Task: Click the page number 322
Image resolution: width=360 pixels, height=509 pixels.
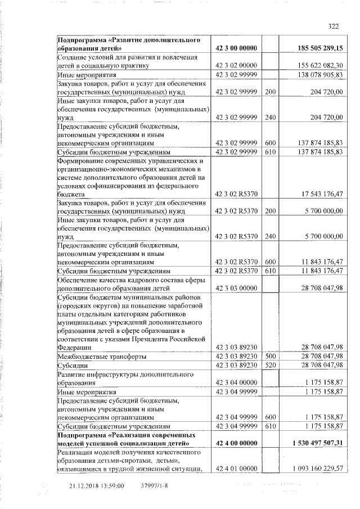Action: tap(334, 26)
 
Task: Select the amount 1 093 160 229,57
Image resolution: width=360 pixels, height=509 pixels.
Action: tap(318, 469)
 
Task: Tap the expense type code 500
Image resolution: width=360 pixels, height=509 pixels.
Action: tap(270, 357)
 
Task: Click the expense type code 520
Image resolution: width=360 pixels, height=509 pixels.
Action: tap(270, 365)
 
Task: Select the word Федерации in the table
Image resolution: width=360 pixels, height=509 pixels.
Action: tap(76, 348)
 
